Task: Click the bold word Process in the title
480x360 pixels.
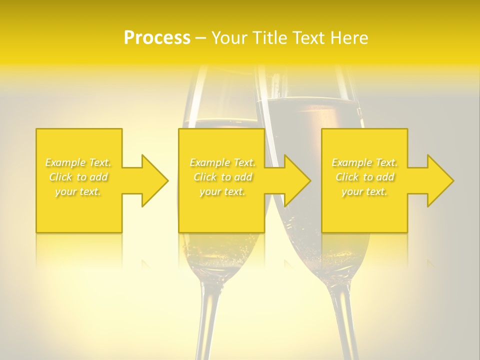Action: (157, 38)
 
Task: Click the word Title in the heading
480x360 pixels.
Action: (270, 38)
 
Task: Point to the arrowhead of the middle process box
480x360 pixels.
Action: (297, 180)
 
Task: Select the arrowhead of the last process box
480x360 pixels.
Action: (440, 180)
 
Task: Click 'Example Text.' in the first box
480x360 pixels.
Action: (78, 162)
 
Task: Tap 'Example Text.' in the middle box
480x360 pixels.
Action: (222, 162)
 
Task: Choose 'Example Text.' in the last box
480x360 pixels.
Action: (364, 162)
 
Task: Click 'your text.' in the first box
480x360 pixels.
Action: (78, 191)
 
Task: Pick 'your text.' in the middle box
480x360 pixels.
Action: (222, 191)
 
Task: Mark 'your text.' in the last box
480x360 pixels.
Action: (364, 191)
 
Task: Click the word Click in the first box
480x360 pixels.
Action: (60, 177)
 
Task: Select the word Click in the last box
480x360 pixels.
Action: (347, 177)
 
